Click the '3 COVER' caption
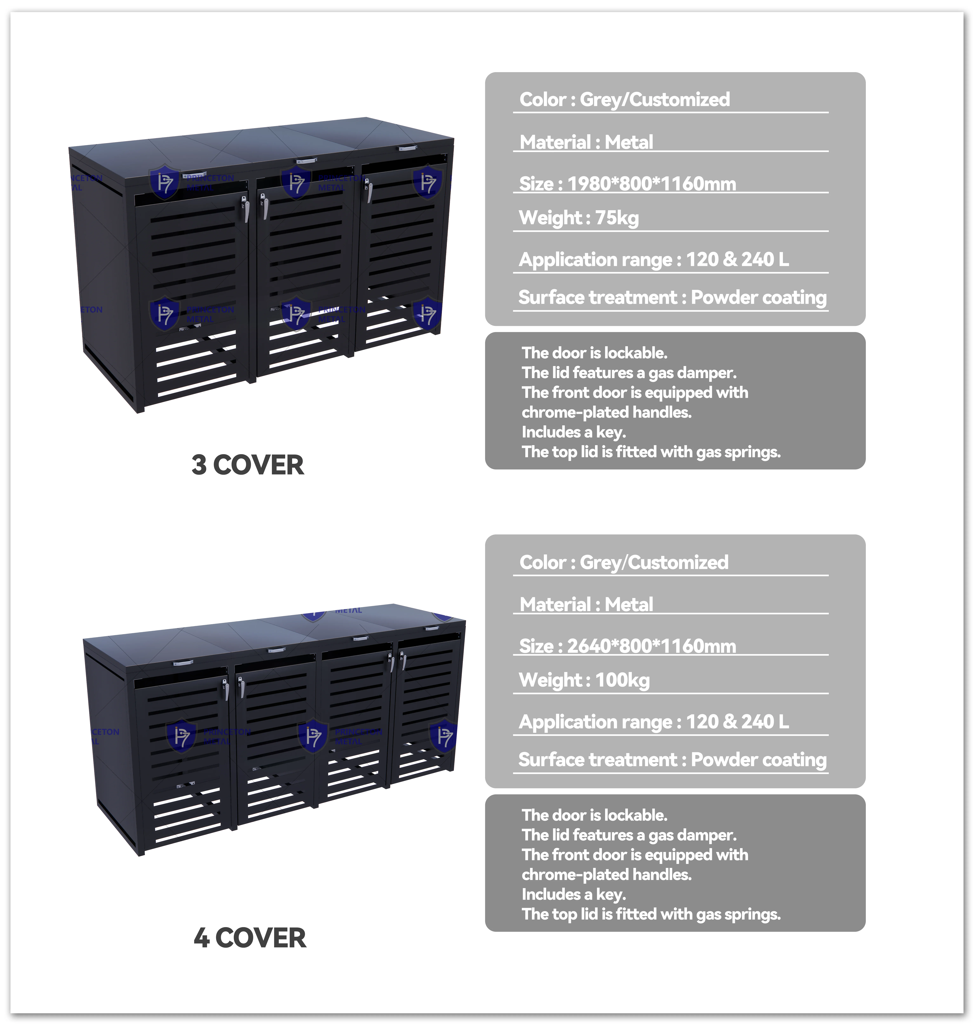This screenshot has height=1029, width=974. click(248, 465)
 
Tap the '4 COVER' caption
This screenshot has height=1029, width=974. click(250, 938)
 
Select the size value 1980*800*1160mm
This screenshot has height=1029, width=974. click(652, 184)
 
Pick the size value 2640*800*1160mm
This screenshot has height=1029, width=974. click(652, 646)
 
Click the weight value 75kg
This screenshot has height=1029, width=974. click(617, 218)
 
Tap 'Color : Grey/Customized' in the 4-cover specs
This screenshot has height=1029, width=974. click(624, 562)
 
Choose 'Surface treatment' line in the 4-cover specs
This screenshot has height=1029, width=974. click(672, 760)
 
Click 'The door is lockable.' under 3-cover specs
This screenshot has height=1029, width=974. click(595, 353)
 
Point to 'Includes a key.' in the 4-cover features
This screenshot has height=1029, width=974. click(574, 894)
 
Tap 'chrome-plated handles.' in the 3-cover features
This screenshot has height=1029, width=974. click(606, 412)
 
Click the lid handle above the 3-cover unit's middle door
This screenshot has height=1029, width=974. click(306, 161)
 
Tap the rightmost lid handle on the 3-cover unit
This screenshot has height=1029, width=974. click(408, 149)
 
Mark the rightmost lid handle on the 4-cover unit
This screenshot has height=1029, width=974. click(432, 629)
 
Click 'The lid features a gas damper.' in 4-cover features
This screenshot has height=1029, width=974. click(629, 835)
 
